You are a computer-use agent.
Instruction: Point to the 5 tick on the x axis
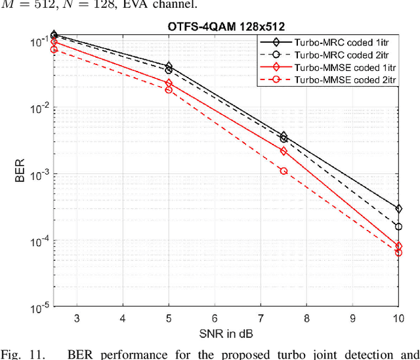tap(169, 319)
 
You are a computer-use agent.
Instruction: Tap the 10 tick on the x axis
tap(398, 319)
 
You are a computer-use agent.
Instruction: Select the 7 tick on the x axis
tap(261, 319)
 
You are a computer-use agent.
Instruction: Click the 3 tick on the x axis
tap(77, 319)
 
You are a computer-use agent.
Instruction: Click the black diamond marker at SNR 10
tap(398, 209)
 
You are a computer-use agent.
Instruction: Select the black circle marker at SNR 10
tap(398, 227)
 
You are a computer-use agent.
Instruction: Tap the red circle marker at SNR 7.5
tap(283, 171)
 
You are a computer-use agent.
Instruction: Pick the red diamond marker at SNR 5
tap(169, 83)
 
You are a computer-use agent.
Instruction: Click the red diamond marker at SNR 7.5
tap(283, 151)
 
